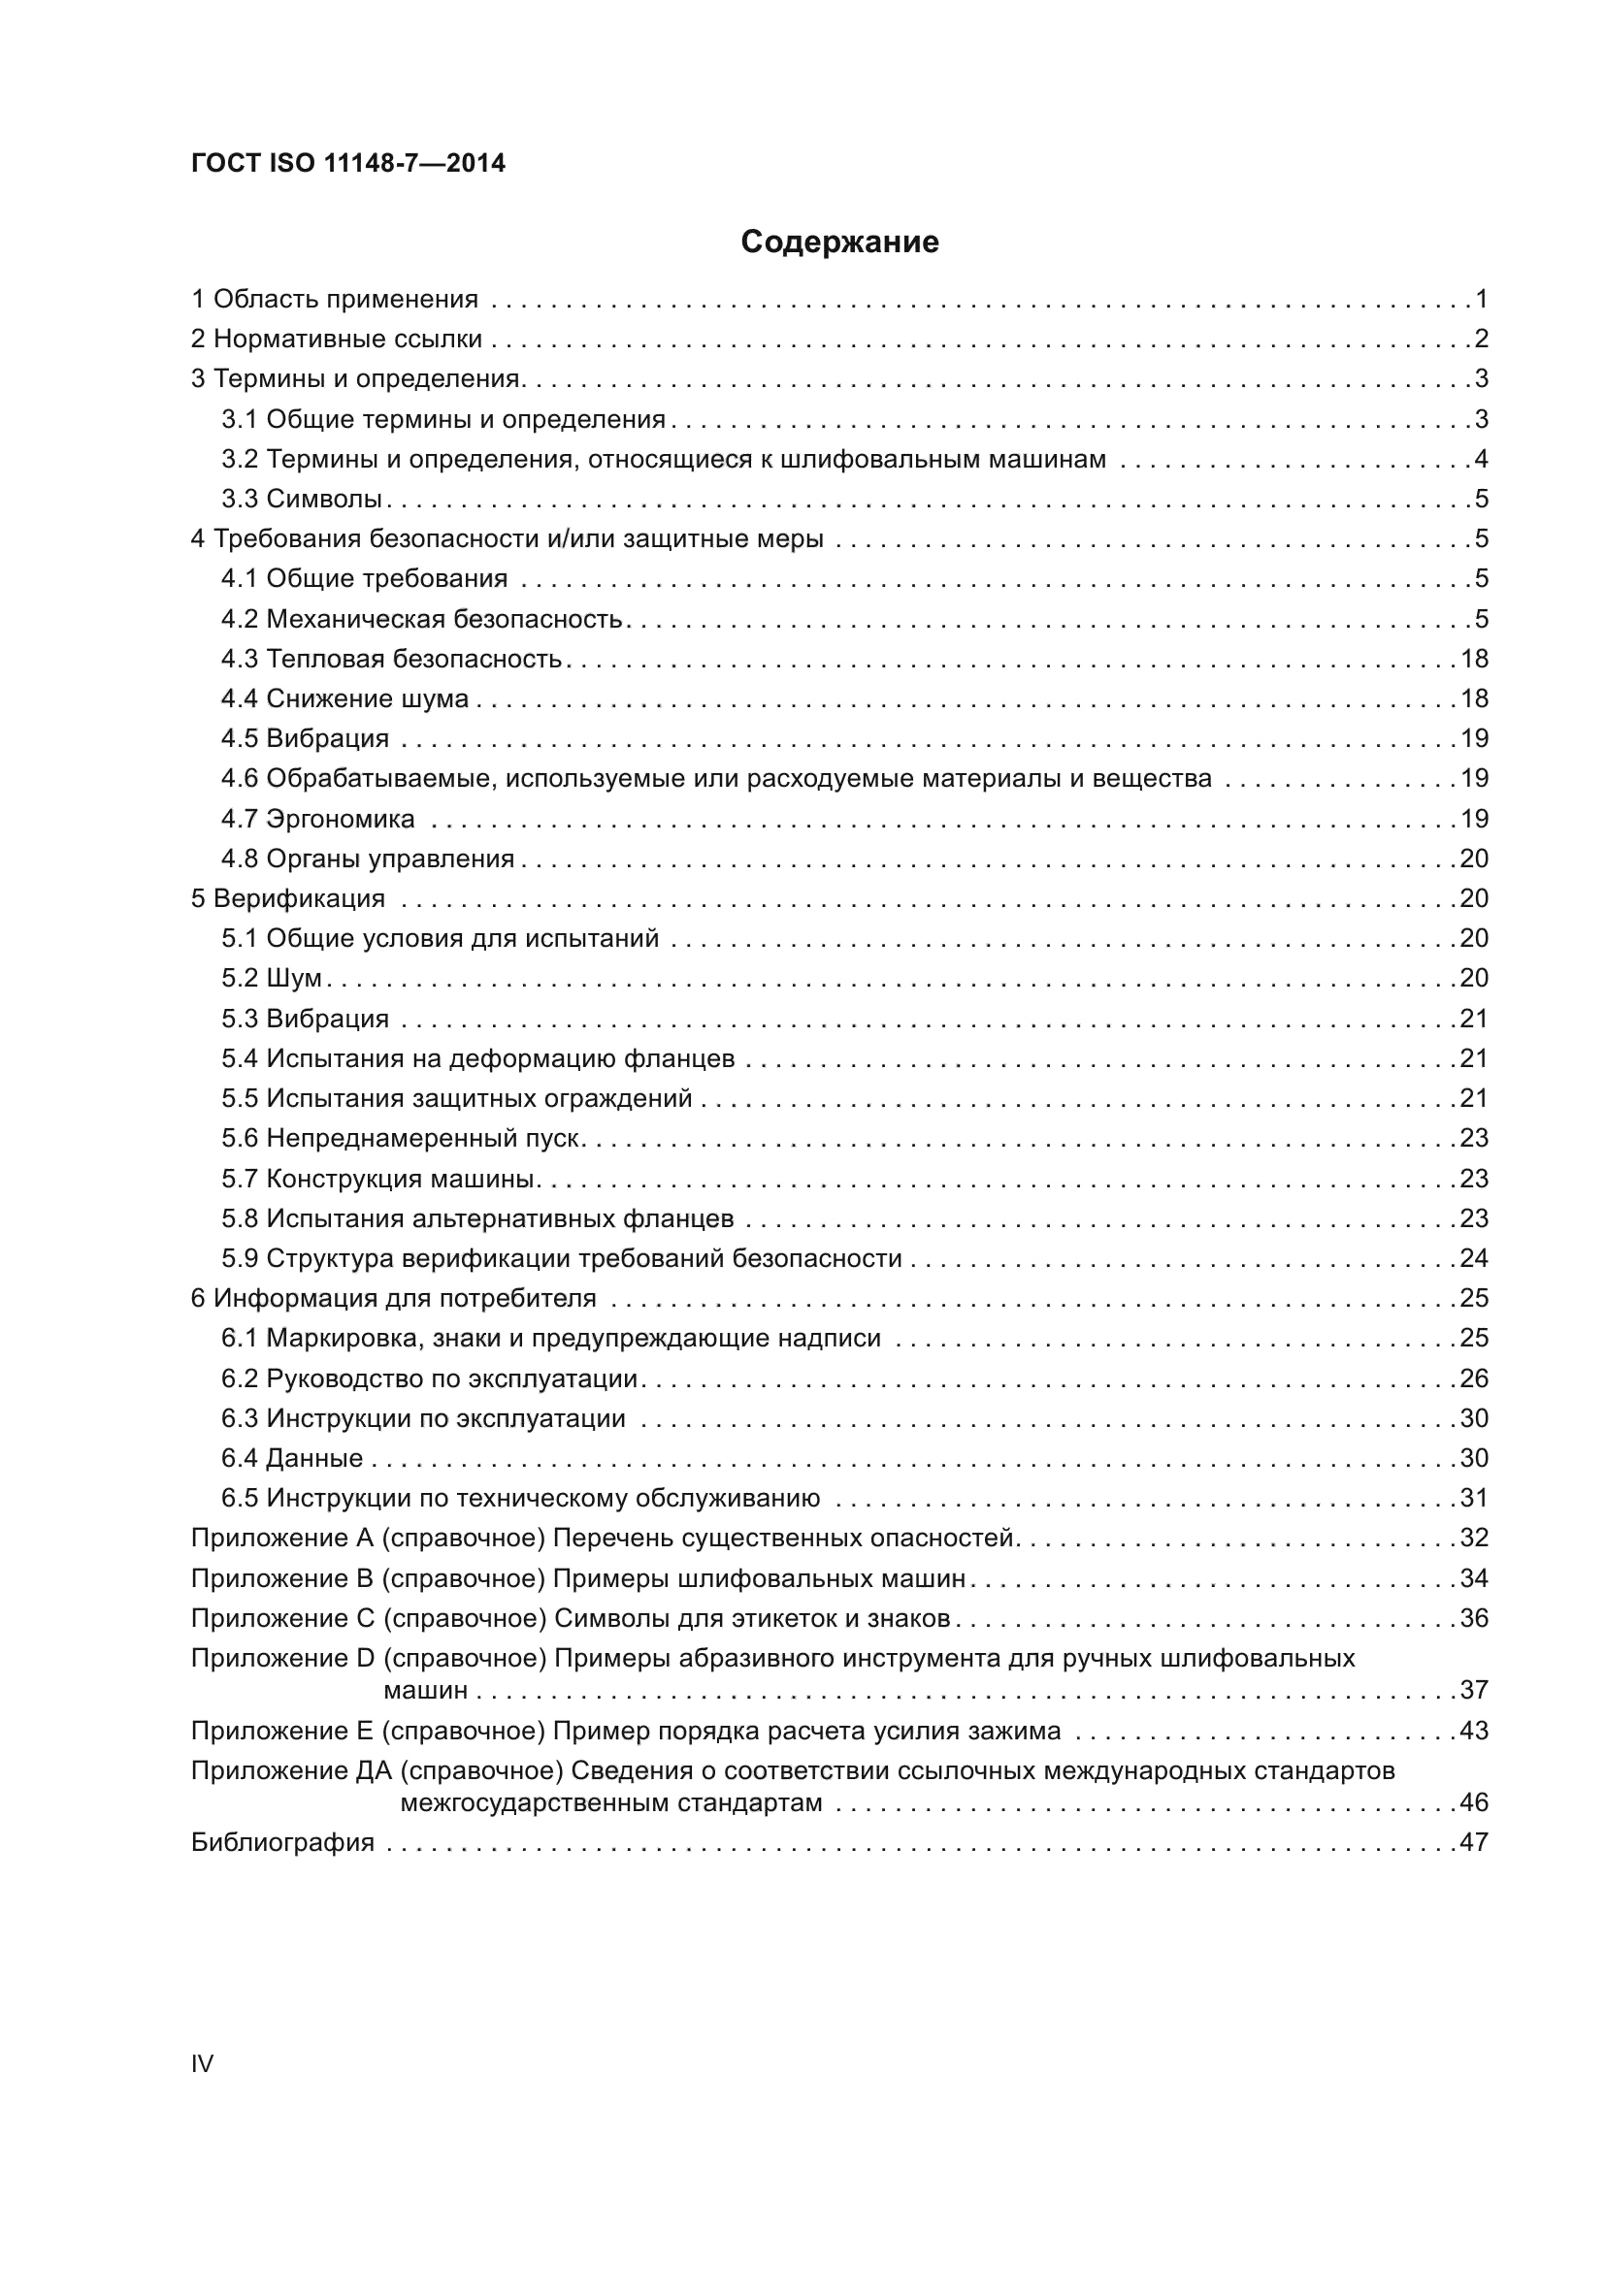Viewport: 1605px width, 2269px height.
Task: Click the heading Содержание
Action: click(839, 242)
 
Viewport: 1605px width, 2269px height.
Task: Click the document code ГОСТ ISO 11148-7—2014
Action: click(348, 163)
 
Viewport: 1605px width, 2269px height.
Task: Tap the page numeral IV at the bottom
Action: click(202, 2063)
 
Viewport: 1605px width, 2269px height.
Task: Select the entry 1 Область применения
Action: click(334, 299)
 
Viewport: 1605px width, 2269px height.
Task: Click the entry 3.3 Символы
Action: click(302, 499)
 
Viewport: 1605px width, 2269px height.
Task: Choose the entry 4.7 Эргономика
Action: click(317, 819)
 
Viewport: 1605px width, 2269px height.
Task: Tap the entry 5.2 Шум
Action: click(272, 978)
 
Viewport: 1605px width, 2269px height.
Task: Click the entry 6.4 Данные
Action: click(291, 1458)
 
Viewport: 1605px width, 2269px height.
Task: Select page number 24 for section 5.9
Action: click(1474, 1258)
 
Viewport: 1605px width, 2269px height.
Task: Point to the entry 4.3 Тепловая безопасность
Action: click(391, 658)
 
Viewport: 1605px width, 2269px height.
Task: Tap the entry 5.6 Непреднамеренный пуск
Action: click(400, 1138)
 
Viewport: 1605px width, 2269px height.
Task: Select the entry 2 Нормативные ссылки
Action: click(336, 339)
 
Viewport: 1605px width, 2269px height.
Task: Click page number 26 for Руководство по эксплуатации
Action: click(1474, 1378)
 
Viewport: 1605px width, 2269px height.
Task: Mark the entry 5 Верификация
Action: click(287, 898)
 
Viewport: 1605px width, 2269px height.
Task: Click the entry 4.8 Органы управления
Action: click(368, 858)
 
